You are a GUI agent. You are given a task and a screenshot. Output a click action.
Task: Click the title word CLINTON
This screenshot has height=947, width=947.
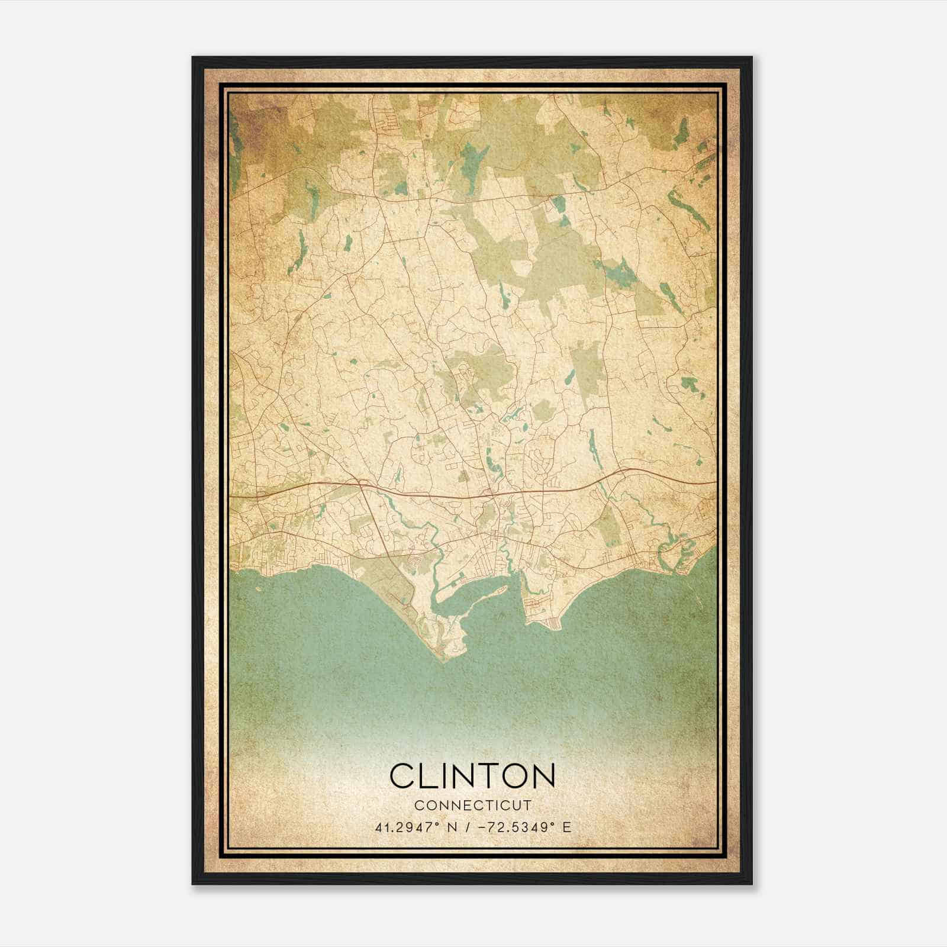tap(472, 776)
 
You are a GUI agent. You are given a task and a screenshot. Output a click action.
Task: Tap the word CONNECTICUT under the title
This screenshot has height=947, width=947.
tap(473, 805)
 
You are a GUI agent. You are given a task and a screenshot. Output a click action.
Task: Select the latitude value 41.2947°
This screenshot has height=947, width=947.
tap(408, 827)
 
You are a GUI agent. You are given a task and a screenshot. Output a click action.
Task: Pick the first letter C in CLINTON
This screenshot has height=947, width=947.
tap(402, 776)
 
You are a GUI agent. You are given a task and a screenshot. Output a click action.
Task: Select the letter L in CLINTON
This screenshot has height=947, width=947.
tap(429, 776)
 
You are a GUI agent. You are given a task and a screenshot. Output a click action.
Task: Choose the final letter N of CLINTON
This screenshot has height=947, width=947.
tap(543, 776)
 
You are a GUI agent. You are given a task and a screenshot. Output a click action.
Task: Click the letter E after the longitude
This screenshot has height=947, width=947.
tap(567, 827)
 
